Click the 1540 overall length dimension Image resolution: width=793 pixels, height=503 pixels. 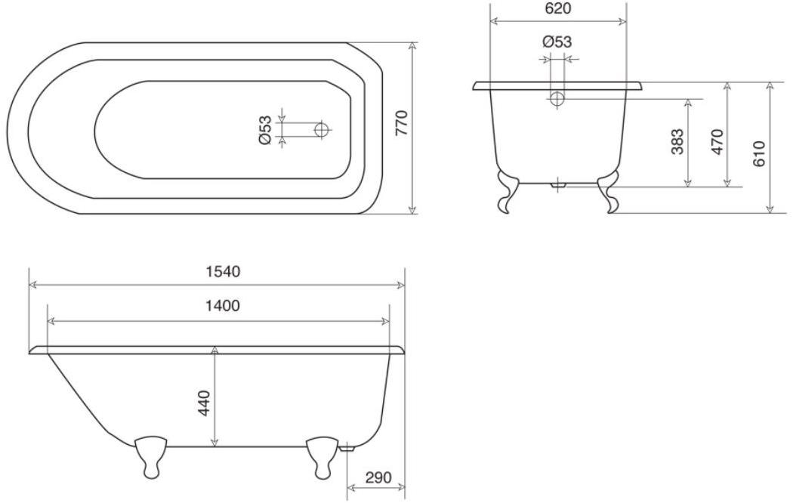tap(223, 272)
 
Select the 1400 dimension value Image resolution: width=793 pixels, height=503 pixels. tap(223, 306)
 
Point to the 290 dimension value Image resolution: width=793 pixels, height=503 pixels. tap(378, 478)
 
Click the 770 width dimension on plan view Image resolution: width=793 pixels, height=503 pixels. tap(401, 122)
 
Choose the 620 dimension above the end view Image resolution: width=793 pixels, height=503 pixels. tap(557, 9)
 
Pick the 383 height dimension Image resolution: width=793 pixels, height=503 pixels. tap(677, 142)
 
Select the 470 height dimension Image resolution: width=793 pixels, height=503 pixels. tap(717, 142)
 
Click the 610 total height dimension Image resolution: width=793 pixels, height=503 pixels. tap(759, 154)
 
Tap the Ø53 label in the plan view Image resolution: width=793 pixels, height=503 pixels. tap(265, 130)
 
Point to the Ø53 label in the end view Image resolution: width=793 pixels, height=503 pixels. tap(557, 42)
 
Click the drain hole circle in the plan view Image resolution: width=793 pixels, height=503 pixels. tap(322, 130)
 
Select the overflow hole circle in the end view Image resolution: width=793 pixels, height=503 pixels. tap(557, 98)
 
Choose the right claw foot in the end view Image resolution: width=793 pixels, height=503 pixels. tap(609, 193)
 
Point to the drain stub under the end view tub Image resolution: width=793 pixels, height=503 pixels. tap(558, 183)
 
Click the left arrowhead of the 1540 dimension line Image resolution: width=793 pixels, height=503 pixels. tap(32, 285)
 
